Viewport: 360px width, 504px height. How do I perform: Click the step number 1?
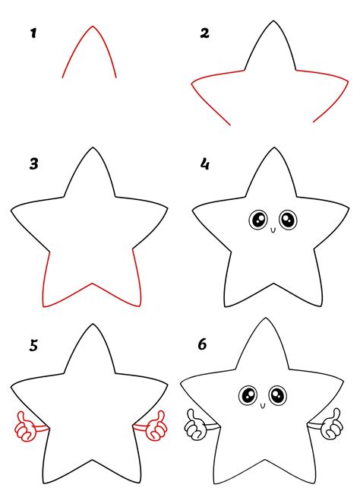pyautogui.click(x=33, y=33)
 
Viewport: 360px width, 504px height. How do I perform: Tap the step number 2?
pyautogui.click(x=204, y=33)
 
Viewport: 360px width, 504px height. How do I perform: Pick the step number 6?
pyautogui.click(x=203, y=344)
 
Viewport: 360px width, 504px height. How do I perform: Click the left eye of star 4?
pyautogui.click(x=256, y=220)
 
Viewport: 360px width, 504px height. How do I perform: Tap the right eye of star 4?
pyautogui.click(x=287, y=220)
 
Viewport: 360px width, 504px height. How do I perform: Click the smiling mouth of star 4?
pyautogui.click(x=271, y=227)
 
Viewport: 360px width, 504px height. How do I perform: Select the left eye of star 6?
pyautogui.click(x=248, y=395)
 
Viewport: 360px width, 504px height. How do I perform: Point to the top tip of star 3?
pyautogui.click(x=93, y=149)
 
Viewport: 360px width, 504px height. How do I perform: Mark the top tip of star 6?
pyautogui.click(x=264, y=319)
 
